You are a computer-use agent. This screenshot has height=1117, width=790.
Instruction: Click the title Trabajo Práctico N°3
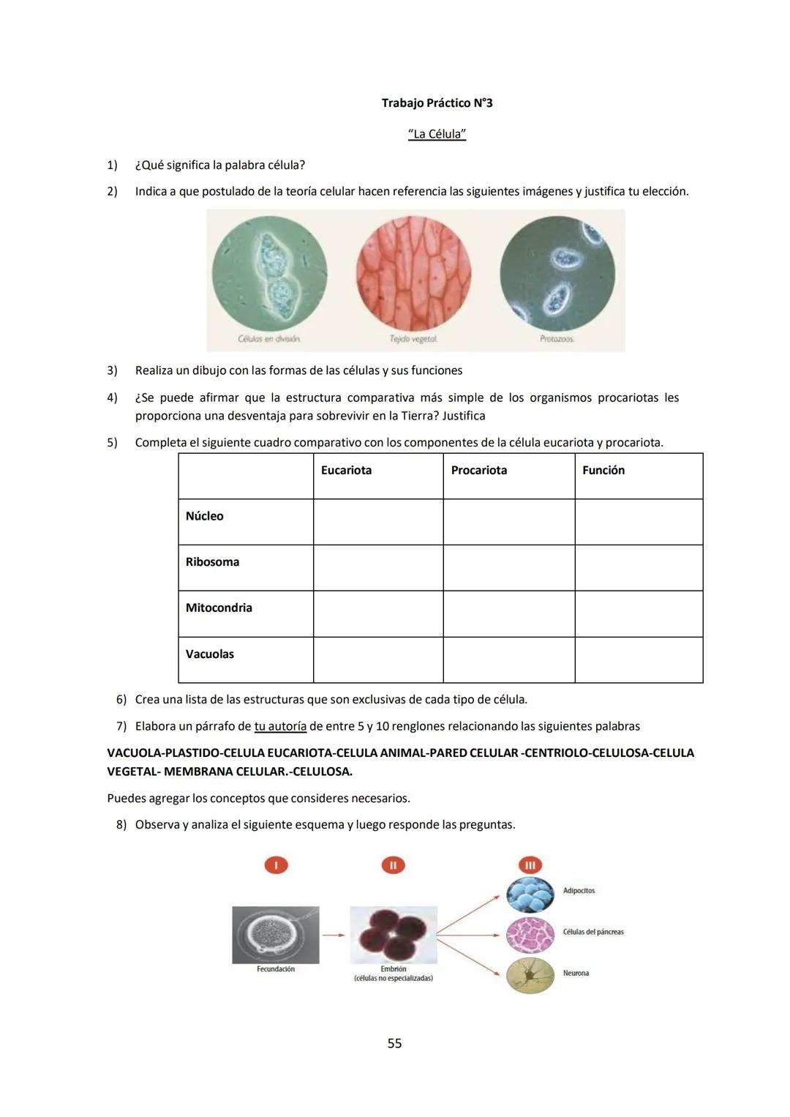[x=437, y=103]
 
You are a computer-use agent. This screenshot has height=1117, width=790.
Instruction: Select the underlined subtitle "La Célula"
[x=437, y=134]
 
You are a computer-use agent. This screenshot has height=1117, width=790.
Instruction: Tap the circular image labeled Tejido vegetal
[x=413, y=274]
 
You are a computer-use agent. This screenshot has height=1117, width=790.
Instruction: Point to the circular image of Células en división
[x=269, y=274]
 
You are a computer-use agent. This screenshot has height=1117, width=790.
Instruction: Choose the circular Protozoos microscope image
[x=557, y=274]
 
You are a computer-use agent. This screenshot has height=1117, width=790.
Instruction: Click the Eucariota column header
[x=346, y=471]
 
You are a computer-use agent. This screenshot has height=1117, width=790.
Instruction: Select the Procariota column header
[x=479, y=471]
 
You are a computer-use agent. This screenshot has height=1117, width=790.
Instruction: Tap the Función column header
[x=603, y=471]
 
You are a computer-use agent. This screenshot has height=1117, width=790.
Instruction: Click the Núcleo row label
[x=205, y=516]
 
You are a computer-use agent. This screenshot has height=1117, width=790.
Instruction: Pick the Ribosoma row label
[x=212, y=562]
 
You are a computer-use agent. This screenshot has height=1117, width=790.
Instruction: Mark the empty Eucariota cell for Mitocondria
[x=378, y=613]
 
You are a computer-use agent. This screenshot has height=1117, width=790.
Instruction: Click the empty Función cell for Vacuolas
[x=639, y=660]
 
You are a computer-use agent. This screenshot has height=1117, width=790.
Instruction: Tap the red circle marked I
[x=276, y=865]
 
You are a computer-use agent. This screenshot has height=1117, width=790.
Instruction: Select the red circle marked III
[x=530, y=865]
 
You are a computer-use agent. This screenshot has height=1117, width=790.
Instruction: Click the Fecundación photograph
[x=275, y=935]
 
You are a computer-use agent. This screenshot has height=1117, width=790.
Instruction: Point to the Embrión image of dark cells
[x=394, y=935]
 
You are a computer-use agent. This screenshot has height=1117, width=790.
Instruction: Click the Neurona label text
[x=576, y=974]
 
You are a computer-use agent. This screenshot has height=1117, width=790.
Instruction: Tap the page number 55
[x=394, y=1043]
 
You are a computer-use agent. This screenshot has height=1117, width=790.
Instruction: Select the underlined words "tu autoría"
[x=280, y=726]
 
